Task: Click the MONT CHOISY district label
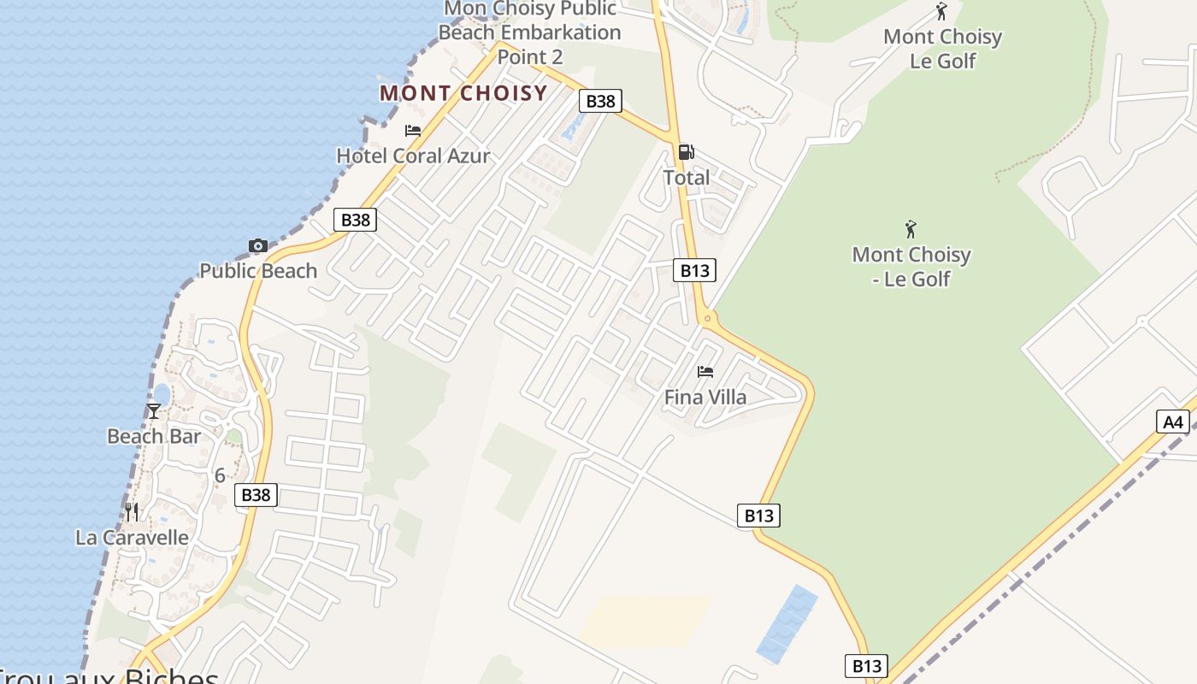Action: [463, 93]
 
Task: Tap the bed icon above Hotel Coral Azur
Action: [413, 131]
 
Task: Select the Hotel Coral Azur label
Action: [413, 156]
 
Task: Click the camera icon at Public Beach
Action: [257, 246]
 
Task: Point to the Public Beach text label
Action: [258, 271]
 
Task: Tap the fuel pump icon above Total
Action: [686, 152]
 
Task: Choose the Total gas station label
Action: [687, 178]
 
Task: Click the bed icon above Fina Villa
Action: [705, 372]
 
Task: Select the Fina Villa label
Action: [705, 398]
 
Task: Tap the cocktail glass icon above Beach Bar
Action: [154, 411]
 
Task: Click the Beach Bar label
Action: [154, 437]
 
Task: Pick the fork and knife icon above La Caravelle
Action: [132, 512]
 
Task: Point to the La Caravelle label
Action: [132, 538]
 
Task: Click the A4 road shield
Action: [1173, 422]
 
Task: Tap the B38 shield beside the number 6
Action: [256, 494]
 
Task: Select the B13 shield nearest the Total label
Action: [694, 270]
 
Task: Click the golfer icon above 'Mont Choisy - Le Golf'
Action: [911, 229]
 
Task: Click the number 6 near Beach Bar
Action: [220, 475]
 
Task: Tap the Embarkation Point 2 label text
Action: [530, 45]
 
